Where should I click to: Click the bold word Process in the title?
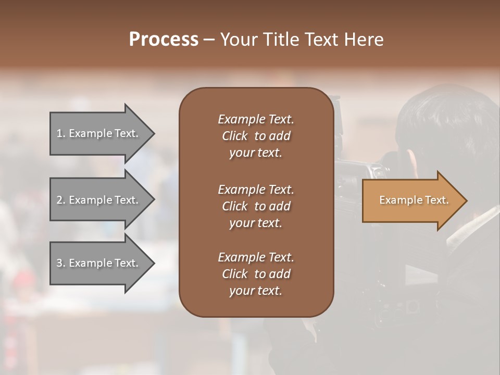tap(164, 40)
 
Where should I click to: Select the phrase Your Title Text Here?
tap(302, 40)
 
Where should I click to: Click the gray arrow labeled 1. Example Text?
tap(97, 133)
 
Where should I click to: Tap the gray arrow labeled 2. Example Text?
tap(97, 200)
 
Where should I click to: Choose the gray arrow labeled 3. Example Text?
tap(97, 263)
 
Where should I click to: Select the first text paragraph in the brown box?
tap(256, 136)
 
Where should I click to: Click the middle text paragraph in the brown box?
tap(256, 206)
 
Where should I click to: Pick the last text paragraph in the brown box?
tap(256, 274)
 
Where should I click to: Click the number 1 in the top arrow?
tap(59, 133)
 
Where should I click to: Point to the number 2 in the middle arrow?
tap(59, 200)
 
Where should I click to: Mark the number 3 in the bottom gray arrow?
tap(59, 263)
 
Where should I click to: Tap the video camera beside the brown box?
tap(354, 177)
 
